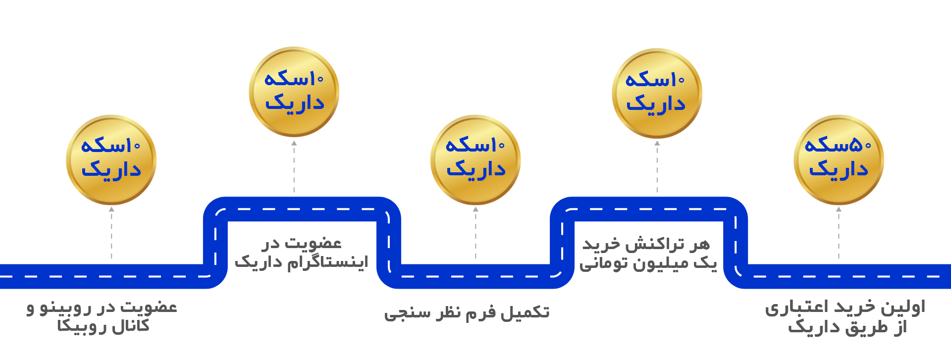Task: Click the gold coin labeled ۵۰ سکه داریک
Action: point(839,159)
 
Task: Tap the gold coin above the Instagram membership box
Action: point(294,92)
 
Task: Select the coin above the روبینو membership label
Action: point(111,159)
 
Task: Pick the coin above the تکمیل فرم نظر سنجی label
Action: point(475,159)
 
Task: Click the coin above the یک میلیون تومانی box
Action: point(657,93)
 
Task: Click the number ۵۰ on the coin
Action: point(861,145)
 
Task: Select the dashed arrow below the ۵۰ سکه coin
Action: point(839,233)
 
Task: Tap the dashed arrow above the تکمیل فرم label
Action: point(475,233)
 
